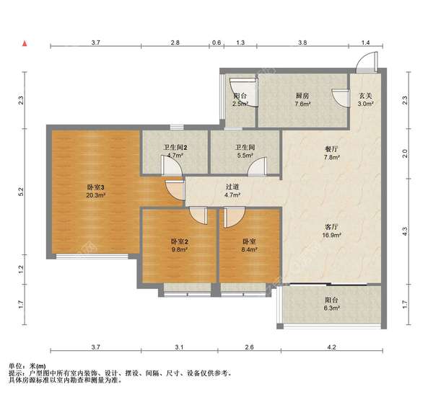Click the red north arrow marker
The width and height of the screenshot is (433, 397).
(x=25, y=43)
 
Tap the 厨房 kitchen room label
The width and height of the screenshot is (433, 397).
(x=302, y=96)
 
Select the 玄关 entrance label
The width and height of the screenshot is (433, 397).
(x=366, y=96)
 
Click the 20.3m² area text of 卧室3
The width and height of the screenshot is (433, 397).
(x=95, y=195)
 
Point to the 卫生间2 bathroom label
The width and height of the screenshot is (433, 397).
(x=175, y=148)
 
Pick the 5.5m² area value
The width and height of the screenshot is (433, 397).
(x=245, y=156)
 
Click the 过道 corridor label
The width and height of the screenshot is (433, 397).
(x=232, y=187)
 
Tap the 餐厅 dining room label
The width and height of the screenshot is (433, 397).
(x=331, y=149)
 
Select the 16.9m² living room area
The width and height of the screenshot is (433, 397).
(x=331, y=235)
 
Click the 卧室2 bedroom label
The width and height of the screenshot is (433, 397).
(x=179, y=242)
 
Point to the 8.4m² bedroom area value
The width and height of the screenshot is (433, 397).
(x=250, y=250)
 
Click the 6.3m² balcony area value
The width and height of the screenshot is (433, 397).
(x=331, y=308)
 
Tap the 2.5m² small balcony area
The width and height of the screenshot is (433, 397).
(x=240, y=104)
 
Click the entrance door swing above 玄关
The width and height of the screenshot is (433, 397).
(x=367, y=62)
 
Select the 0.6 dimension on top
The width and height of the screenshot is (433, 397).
(x=216, y=43)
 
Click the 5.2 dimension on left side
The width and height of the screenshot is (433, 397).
(x=21, y=192)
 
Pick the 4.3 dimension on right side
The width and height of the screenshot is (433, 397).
(x=405, y=231)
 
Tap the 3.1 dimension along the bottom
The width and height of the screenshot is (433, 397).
(x=179, y=347)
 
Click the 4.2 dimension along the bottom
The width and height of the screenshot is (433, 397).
(x=331, y=347)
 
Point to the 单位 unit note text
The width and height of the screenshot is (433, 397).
(x=15, y=366)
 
